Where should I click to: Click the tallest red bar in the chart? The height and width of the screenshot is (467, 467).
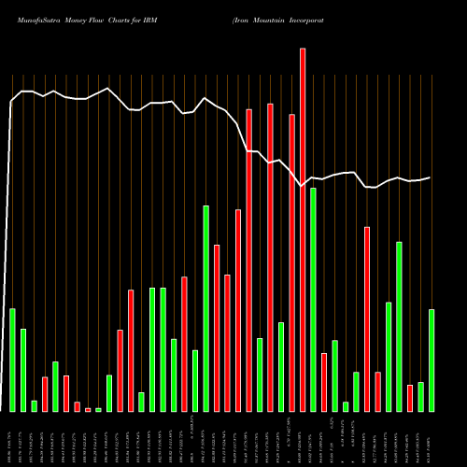303,230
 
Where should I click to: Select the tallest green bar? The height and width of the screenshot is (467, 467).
206,308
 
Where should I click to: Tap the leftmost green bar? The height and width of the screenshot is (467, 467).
12,360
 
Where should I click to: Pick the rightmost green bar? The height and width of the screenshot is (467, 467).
432,360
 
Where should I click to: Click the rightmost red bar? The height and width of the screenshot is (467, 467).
410,398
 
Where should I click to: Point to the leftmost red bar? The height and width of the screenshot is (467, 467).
45,393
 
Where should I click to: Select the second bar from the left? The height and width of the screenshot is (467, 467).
23,370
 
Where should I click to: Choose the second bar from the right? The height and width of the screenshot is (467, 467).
420,396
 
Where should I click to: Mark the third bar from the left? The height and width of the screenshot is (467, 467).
34,405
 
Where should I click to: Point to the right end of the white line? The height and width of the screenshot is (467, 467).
431,177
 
